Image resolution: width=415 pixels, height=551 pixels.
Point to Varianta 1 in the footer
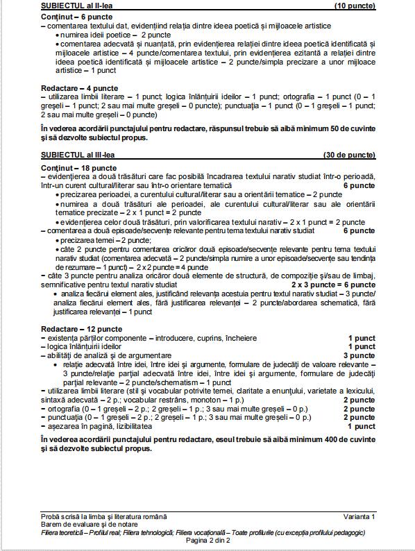[359, 517]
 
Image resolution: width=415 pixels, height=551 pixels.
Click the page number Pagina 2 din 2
[208, 540]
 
